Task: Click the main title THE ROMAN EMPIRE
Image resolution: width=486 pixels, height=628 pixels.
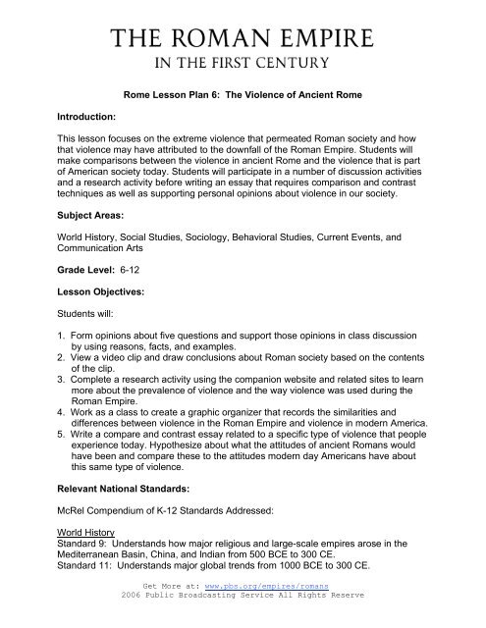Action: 243,39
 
